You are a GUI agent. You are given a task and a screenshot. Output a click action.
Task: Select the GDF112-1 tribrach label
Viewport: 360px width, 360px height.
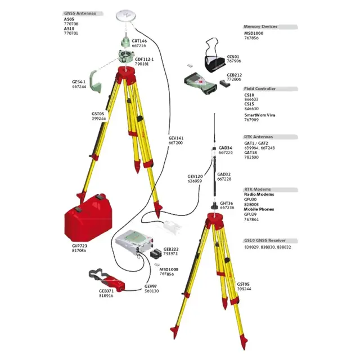(x=144, y=59)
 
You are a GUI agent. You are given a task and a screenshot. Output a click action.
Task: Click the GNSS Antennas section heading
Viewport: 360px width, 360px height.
(x=79, y=13)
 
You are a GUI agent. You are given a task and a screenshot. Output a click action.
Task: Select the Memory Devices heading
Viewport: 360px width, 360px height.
(x=260, y=26)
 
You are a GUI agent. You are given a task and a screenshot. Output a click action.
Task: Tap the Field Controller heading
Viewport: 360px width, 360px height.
(x=260, y=89)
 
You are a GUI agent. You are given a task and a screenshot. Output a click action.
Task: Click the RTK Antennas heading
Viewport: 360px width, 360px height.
(x=258, y=137)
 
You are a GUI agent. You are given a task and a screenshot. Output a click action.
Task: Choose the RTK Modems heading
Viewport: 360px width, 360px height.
(x=257, y=190)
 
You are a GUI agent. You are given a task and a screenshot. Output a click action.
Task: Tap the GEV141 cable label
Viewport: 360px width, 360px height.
(x=175, y=138)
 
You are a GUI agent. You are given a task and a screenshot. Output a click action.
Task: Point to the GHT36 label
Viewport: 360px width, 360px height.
(x=226, y=203)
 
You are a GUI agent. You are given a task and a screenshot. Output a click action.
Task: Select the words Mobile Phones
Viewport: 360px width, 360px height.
(x=259, y=209)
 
